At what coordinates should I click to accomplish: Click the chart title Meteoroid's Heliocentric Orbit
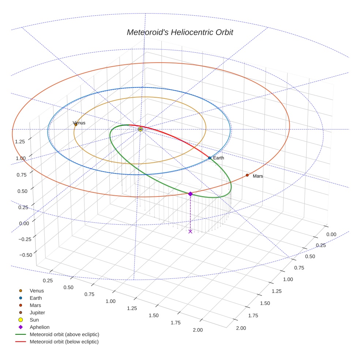(180, 32)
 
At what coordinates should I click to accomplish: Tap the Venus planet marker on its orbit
(76, 124)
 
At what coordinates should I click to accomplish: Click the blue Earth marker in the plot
(210, 158)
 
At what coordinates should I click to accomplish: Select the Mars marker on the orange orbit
(247, 175)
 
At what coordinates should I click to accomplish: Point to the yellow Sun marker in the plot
(140, 129)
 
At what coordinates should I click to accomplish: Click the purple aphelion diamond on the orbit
(190, 194)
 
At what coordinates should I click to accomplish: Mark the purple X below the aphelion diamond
(190, 231)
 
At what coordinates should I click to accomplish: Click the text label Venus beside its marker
(79, 123)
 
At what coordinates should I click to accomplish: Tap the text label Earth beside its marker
(218, 158)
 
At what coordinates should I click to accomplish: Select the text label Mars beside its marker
(258, 176)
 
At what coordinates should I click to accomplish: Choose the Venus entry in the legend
(37, 291)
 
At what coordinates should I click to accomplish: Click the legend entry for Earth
(35, 298)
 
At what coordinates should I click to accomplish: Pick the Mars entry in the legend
(35, 305)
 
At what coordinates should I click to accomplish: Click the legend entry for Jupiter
(37, 313)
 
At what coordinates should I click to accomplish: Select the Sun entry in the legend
(34, 320)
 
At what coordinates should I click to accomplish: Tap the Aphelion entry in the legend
(39, 327)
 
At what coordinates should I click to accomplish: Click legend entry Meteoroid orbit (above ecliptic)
(64, 334)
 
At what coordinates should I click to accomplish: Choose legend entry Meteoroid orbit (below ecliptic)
(64, 342)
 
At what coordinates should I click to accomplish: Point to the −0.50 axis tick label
(25, 254)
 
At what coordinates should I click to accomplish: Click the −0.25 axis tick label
(25, 239)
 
